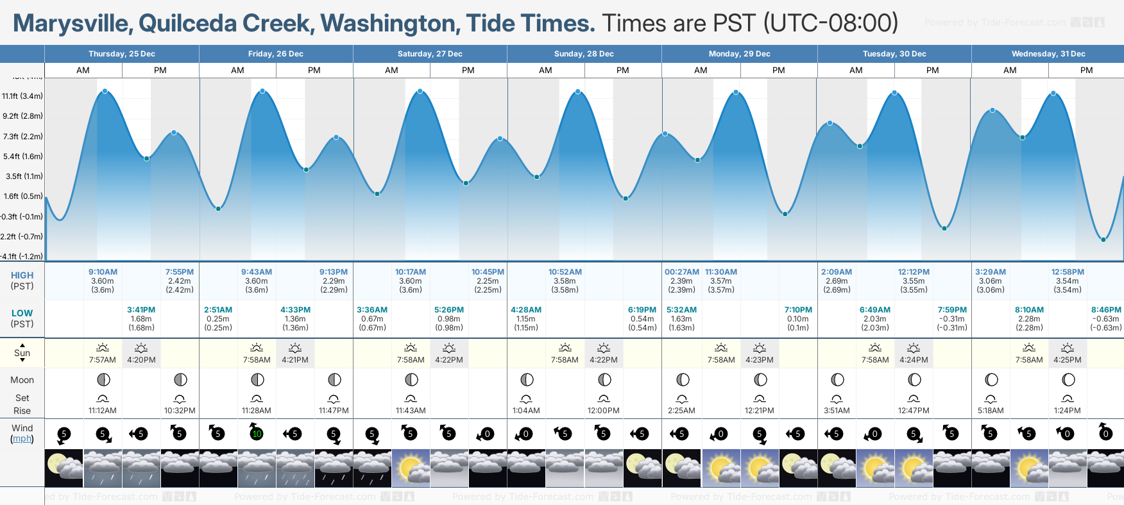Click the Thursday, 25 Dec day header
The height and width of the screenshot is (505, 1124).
[122, 54]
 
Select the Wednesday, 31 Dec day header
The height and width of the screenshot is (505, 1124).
[1048, 54]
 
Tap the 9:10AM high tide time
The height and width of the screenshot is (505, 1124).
[103, 272]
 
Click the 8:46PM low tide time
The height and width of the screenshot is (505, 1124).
[1106, 310]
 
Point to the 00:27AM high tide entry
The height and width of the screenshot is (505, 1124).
[681, 272]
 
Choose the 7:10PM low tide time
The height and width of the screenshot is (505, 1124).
[798, 310]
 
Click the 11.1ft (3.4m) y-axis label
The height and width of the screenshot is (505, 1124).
[22, 96]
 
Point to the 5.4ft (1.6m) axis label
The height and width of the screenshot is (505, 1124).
[23, 157]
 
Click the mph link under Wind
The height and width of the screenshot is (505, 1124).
[22, 439]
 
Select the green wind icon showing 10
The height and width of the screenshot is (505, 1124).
[257, 434]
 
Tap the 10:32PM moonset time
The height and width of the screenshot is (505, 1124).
[180, 411]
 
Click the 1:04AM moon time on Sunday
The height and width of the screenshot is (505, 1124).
[526, 411]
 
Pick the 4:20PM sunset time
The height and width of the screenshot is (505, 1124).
[141, 360]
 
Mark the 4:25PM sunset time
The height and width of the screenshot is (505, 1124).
[1068, 360]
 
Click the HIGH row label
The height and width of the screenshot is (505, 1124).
[22, 275]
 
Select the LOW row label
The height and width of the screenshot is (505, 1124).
[22, 313]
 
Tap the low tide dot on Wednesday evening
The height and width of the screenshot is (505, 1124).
[1103, 239]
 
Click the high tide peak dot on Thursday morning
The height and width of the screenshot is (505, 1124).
[105, 91]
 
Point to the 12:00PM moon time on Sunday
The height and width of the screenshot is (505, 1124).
[604, 411]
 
